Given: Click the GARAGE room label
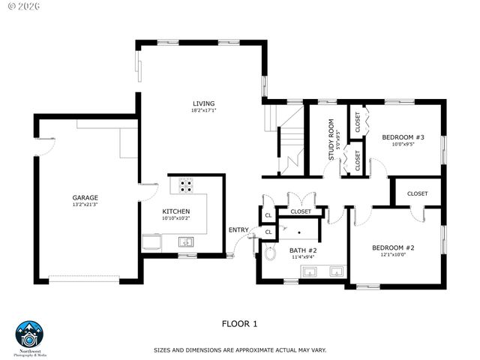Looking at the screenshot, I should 85,198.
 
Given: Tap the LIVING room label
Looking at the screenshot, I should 203,103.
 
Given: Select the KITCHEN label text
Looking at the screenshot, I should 176,211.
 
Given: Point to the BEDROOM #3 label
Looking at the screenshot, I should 403,137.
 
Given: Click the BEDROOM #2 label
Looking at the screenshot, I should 393,247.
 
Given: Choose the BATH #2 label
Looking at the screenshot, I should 303,250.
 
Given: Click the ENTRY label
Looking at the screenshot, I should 238,229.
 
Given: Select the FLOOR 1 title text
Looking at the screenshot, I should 239,324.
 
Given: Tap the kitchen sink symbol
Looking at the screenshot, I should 186,241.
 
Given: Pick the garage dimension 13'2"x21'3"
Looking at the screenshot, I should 85,205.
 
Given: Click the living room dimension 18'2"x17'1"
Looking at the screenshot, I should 203,111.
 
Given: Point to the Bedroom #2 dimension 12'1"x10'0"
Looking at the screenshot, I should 393,254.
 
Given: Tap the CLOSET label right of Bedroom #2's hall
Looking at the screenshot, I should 418,193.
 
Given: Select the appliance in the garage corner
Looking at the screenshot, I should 151,241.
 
